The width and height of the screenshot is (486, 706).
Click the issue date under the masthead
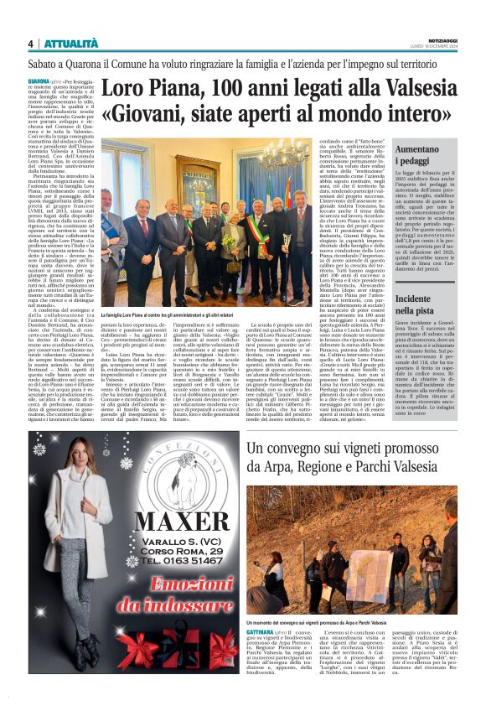439,47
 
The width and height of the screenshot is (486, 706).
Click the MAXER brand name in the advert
181,523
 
